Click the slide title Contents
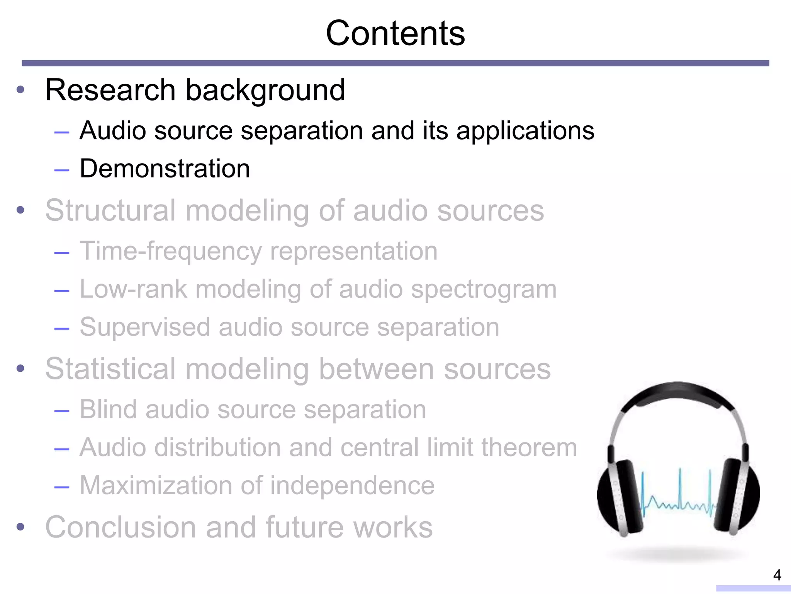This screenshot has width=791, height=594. click(395, 33)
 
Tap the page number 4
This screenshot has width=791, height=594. click(777, 575)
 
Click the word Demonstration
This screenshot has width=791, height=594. click(165, 169)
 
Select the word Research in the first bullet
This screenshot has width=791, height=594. click(110, 90)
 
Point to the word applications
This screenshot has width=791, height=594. click(525, 131)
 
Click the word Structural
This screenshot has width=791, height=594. click(110, 210)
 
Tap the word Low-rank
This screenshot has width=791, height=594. click(133, 289)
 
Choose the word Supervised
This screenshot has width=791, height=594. click(145, 327)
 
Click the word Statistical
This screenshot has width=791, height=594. click(110, 369)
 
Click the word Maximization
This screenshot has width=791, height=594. click(156, 485)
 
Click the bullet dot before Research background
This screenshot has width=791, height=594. click(20, 90)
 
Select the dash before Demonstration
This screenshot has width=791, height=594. click(62, 170)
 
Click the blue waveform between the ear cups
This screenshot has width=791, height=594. click(678, 499)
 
